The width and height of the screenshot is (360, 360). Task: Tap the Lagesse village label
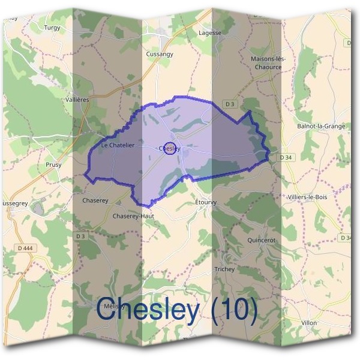point(209,33)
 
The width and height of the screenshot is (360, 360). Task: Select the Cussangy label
point(159,54)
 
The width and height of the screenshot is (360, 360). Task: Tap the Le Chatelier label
point(118,145)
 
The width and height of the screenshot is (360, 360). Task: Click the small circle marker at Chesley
point(170,148)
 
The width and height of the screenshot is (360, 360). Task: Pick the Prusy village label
point(53,164)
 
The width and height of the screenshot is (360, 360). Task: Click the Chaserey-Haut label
point(133,216)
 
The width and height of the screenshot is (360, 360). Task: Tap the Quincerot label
point(260,240)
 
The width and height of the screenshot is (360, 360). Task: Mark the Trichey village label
point(224,269)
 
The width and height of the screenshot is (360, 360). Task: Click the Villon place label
point(309,323)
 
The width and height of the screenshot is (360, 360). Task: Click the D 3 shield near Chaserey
point(81,236)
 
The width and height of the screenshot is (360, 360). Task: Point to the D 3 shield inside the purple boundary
point(229,104)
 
